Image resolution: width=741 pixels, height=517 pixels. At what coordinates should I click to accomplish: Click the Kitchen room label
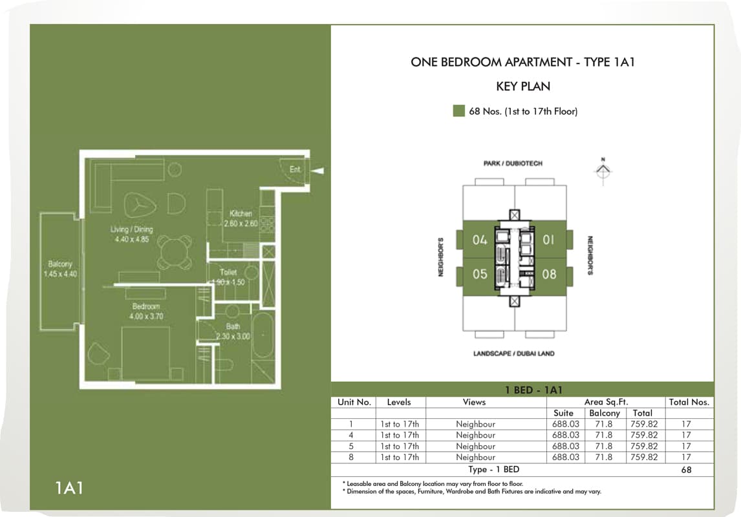(241, 214)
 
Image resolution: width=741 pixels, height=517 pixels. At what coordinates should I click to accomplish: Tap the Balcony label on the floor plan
(60, 264)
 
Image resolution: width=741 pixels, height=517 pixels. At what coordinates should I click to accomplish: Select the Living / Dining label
(131, 230)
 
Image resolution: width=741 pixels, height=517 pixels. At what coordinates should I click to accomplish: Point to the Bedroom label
(146, 306)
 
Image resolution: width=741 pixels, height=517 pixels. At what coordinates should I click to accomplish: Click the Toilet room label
(228, 273)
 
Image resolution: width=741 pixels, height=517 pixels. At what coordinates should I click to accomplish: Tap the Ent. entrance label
(295, 169)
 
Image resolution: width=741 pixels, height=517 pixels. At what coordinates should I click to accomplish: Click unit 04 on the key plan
(479, 240)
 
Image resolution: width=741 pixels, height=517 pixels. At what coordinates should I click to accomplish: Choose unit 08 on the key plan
(549, 274)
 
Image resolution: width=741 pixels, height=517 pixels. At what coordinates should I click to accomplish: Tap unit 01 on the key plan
(549, 240)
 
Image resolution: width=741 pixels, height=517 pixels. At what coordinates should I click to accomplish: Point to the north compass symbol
(603, 170)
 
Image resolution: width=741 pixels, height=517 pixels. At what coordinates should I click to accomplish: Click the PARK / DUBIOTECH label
(513, 164)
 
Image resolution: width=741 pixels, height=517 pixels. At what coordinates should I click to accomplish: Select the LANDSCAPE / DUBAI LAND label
(514, 353)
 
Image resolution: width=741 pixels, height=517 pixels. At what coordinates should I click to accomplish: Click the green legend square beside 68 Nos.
(458, 111)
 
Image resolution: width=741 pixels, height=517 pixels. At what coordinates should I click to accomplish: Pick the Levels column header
(399, 402)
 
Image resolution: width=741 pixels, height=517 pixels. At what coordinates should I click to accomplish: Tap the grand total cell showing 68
(686, 470)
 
